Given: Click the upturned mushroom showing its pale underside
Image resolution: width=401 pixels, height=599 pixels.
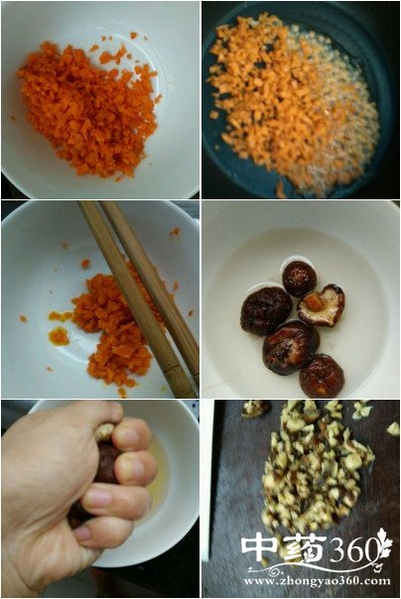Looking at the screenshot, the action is pyautogui.click(x=322, y=305).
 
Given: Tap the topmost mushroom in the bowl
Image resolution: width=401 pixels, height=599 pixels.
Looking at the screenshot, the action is pyautogui.click(x=300, y=279).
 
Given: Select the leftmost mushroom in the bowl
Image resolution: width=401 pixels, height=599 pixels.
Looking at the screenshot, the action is pyautogui.click(x=266, y=310).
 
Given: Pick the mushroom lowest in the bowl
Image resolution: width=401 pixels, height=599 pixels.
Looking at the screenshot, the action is pyautogui.click(x=322, y=376).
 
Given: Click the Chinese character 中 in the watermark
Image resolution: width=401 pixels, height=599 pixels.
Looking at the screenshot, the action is pyautogui.click(x=261, y=549).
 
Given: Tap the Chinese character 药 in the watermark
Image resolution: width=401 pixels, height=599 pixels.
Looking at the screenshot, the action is pyautogui.click(x=305, y=549).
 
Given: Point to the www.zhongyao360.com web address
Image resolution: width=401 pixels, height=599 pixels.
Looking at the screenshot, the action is pyautogui.click(x=317, y=581).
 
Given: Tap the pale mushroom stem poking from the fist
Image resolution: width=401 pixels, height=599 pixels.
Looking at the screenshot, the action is pyautogui.click(x=103, y=431).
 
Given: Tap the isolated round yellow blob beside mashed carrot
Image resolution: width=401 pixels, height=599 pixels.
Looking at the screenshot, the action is pyautogui.click(x=59, y=336).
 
